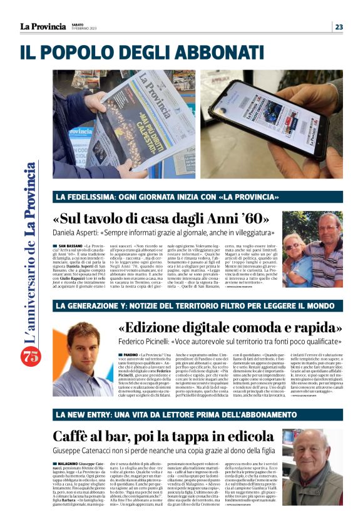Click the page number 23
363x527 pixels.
(x=339, y=26)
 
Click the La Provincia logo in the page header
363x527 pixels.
(x=43, y=26)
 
